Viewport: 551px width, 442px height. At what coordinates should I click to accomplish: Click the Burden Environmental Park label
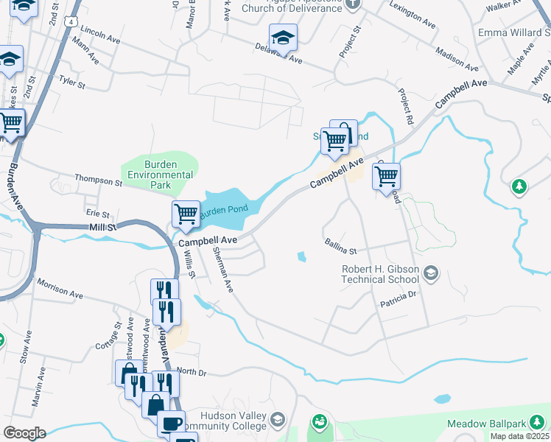pos(160,169)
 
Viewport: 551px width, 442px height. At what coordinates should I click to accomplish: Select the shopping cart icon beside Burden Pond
pos(186,214)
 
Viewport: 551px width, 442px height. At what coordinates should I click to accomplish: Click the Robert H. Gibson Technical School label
pos(380,274)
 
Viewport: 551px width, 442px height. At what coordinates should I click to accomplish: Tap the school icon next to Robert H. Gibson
pos(431,275)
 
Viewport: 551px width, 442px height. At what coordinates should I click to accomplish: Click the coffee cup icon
pos(171,424)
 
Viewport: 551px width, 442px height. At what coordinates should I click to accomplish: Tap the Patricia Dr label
pos(399,297)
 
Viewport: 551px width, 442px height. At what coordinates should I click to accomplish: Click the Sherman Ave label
pos(222,270)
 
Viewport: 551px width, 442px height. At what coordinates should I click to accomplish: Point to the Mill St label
pos(102,228)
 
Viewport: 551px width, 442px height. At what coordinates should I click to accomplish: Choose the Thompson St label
pos(99,180)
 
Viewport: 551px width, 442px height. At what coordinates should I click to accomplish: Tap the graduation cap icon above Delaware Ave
pos(283,38)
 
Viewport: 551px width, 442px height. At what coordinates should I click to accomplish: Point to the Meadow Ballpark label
pos(494,424)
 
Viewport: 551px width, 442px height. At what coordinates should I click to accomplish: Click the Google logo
pos(24,433)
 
